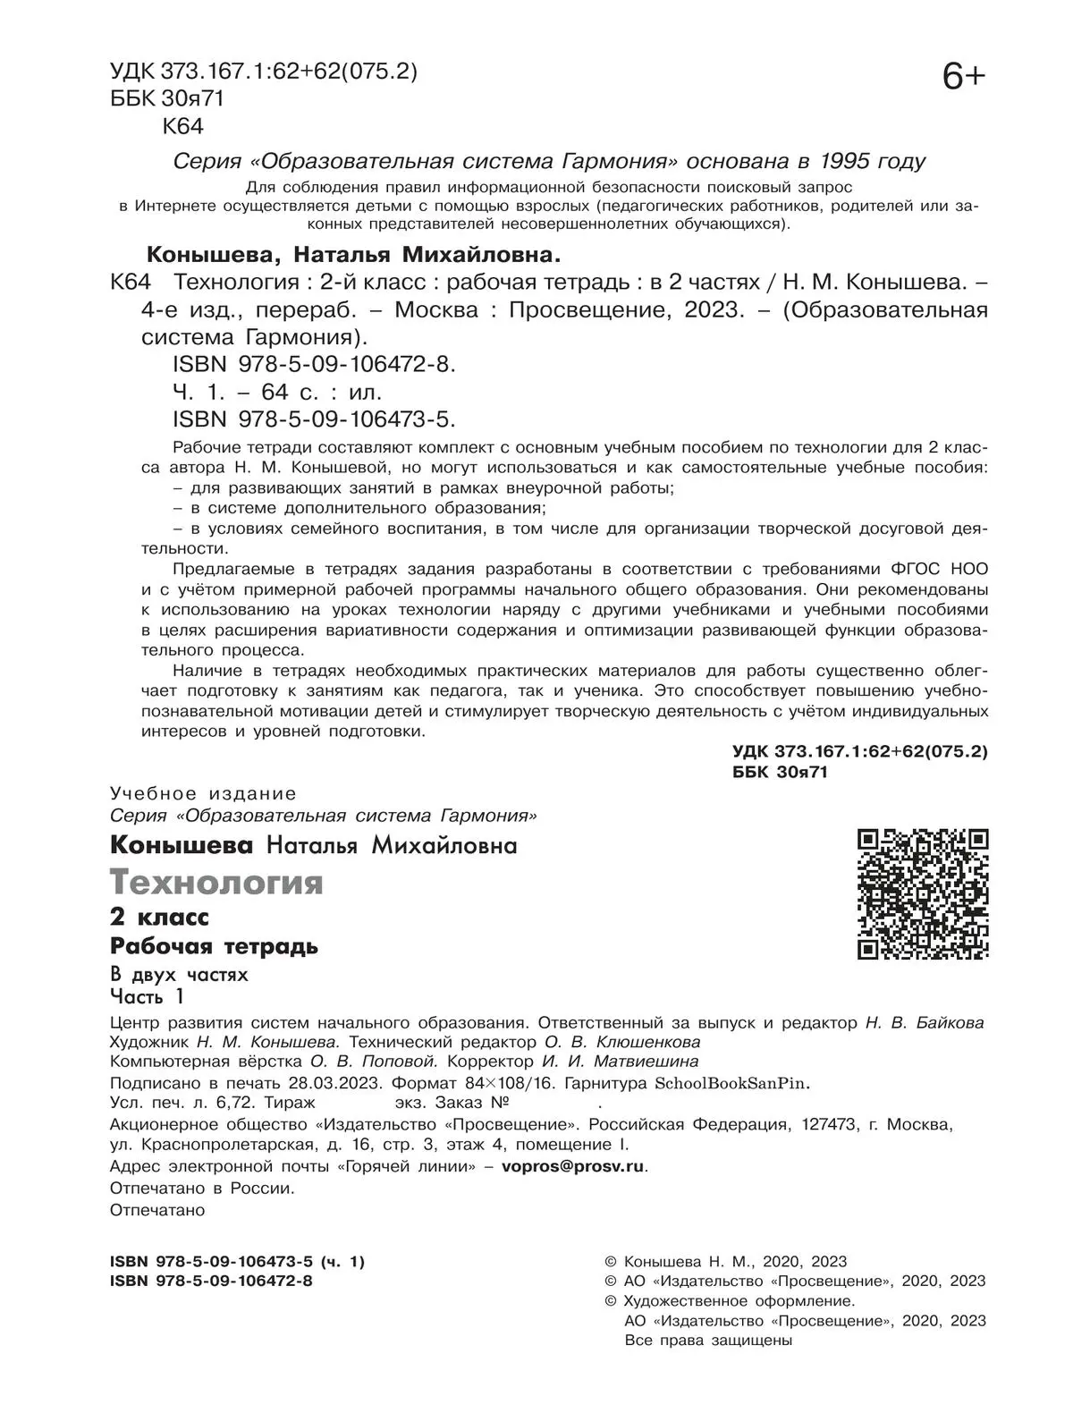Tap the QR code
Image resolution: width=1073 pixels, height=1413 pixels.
tap(923, 893)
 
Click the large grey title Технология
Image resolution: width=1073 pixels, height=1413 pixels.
tap(215, 883)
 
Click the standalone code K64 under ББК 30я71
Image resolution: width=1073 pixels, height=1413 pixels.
tap(182, 126)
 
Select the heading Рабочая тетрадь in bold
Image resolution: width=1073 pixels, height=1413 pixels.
tap(214, 945)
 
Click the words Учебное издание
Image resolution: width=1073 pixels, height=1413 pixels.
tap(203, 793)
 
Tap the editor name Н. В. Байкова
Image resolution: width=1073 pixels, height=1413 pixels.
tap(925, 1022)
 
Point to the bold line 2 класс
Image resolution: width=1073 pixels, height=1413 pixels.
tap(159, 917)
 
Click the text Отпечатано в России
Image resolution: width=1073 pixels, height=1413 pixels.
tap(201, 1189)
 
